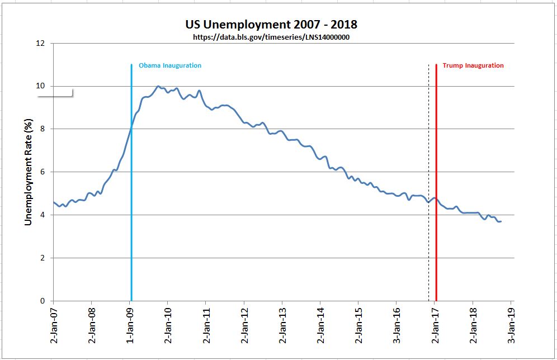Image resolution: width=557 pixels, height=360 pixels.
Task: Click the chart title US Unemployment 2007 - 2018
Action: [x=271, y=25]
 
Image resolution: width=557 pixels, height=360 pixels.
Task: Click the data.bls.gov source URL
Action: [x=271, y=37]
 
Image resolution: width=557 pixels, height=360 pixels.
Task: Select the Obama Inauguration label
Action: [x=170, y=65]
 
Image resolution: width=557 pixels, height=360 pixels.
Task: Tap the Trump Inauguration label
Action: [x=473, y=65]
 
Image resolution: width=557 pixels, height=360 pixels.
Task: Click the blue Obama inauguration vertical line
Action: [x=131, y=224]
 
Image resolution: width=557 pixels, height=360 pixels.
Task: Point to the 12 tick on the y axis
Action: [x=40, y=43]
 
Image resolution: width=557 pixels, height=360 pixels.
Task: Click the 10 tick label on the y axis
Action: [x=40, y=86]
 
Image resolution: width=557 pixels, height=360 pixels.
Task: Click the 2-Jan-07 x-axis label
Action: [x=54, y=330]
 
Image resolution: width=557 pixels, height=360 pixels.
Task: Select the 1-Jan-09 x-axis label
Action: [x=130, y=330]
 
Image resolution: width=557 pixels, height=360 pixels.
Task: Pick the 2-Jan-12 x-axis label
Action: [x=244, y=330]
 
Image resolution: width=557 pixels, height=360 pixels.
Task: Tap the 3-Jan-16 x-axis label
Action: [x=397, y=330]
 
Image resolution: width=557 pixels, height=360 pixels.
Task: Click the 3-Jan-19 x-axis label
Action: [x=511, y=330]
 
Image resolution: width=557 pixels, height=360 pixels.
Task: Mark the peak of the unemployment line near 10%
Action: [x=158, y=87]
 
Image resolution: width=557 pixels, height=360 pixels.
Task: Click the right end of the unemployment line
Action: [x=501, y=221]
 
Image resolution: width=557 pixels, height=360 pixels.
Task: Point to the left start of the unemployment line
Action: [x=54, y=202]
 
